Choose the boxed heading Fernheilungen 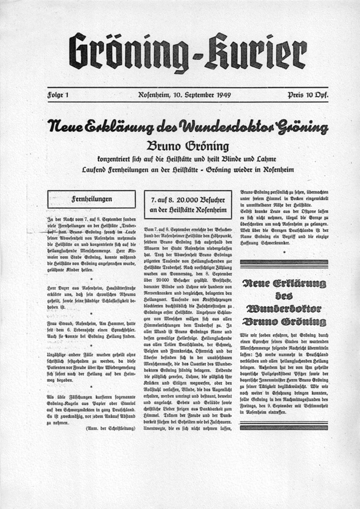(91, 199)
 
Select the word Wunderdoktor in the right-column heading (284, 308)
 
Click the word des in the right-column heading (284, 296)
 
